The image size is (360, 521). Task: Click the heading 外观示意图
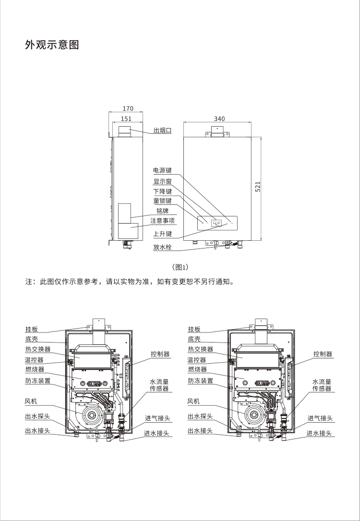[51, 45]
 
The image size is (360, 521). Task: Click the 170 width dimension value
[127, 109]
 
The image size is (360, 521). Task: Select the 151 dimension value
[126, 118]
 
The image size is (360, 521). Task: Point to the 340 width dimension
[219, 118]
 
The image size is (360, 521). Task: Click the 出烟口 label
[162, 130]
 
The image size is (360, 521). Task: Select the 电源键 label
[162, 170]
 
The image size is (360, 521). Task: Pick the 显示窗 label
[162, 181]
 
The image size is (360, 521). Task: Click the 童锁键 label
[162, 201]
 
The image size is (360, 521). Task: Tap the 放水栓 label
[162, 248]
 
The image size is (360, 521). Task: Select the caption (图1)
[180, 267]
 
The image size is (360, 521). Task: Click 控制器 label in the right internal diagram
[323, 354]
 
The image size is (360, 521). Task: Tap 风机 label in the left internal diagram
[31, 401]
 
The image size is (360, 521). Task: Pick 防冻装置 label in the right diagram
[200, 381]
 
